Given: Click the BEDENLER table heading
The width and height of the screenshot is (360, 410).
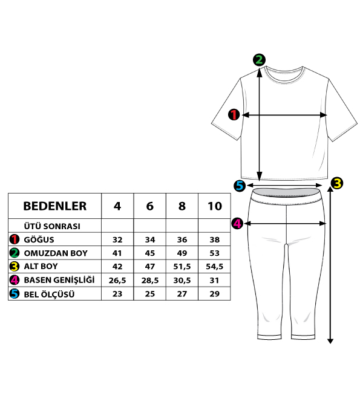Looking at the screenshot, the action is point(55,206).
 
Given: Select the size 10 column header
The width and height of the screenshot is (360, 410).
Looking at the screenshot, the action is point(215,206).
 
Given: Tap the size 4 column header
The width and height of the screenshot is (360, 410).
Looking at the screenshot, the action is point(117,206).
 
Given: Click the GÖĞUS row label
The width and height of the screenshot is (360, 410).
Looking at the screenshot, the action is point(39,239).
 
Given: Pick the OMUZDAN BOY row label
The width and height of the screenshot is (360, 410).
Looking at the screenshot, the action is point(56,253).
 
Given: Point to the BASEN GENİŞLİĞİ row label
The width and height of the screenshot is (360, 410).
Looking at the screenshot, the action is point(59,280).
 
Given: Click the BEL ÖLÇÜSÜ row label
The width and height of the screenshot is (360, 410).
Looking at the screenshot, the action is point(49,294).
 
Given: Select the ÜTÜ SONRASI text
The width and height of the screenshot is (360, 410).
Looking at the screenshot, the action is point(52,226).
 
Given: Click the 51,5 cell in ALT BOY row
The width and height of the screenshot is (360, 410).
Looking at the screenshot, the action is point(182,267).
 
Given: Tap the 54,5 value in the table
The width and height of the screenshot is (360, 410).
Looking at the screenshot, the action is point(215,267).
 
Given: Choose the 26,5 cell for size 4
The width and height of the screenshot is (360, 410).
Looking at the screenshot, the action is point(117,281).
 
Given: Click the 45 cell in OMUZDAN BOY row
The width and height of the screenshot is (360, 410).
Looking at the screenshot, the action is point(150,253).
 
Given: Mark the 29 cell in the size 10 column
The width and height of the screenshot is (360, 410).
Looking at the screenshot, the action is point(215,294).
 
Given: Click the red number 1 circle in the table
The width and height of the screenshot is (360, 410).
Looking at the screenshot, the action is point(14,239).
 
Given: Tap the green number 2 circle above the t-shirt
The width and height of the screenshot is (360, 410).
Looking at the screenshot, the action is point(259,60).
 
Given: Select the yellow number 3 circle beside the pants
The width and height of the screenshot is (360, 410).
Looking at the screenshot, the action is point(337,183).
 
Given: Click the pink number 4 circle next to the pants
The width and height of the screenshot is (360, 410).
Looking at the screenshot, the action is point(237,224).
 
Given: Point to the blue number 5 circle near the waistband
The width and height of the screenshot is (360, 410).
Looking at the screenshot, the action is point(240,186).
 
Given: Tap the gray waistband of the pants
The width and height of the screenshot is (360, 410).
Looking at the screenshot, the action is point(286,193).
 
